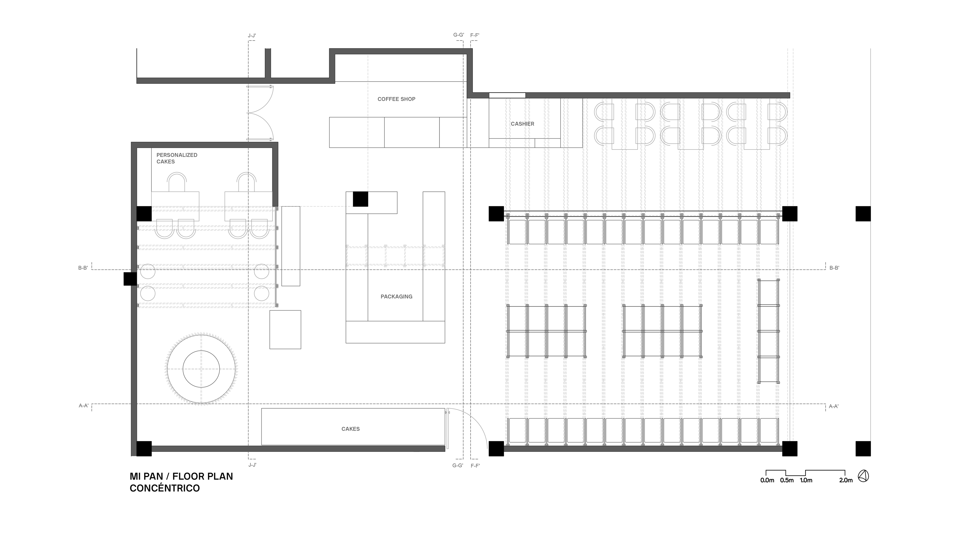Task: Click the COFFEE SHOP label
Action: (x=396, y=99)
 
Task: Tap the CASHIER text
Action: (x=522, y=124)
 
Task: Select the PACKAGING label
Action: (x=396, y=297)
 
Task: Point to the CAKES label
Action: (x=350, y=429)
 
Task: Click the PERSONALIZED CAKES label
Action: (x=177, y=158)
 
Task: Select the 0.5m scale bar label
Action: (x=787, y=480)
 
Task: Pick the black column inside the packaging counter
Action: (x=360, y=199)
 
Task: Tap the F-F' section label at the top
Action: (x=475, y=36)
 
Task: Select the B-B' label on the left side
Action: (x=83, y=268)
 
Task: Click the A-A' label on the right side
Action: (x=834, y=407)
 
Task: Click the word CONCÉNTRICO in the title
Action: (x=165, y=488)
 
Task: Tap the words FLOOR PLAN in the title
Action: (x=208, y=476)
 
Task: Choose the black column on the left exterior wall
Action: (x=130, y=279)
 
